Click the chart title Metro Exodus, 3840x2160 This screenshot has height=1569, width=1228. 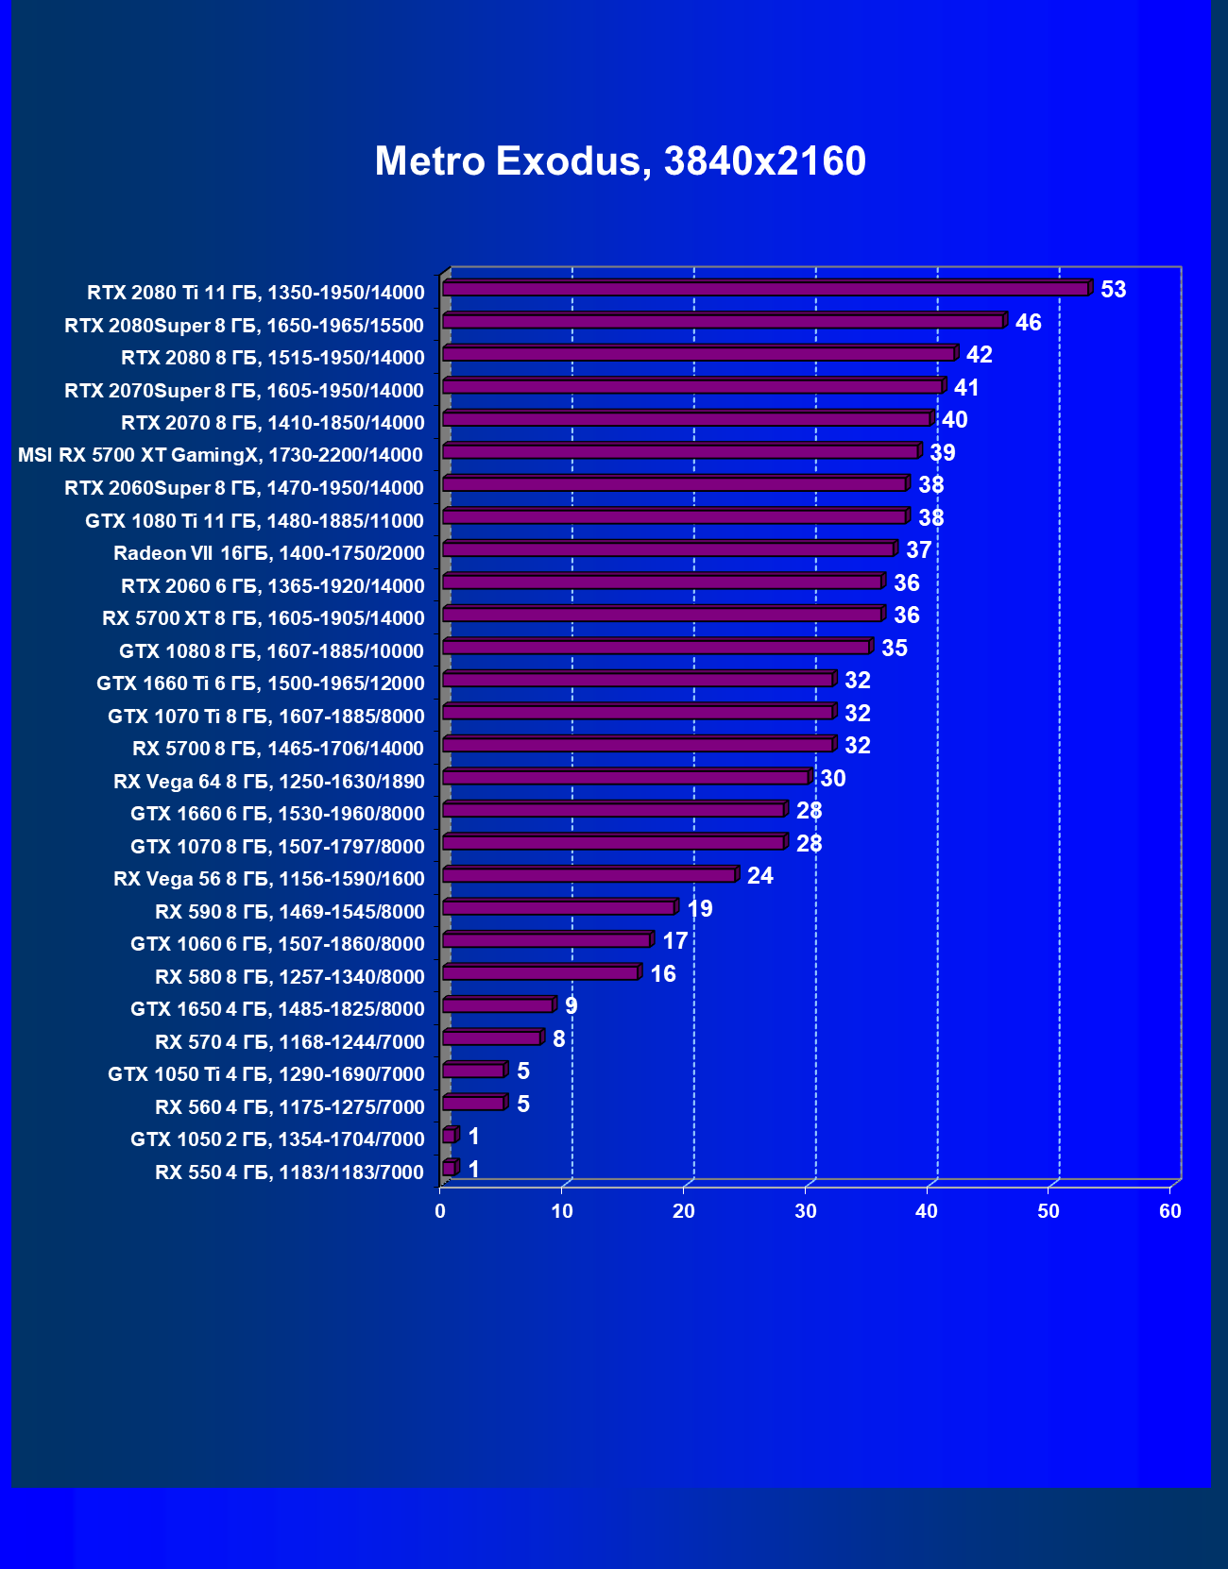pos(620,161)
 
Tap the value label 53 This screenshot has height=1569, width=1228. pos(1113,290)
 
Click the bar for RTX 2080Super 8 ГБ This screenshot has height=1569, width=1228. pos(723,322)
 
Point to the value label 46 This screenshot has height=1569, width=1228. pos(1028,323)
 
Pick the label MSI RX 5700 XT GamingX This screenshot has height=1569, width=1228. pos(220,456)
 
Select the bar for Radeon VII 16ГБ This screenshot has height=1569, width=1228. pos(668,549)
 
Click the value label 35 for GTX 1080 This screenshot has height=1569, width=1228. pos(894,649)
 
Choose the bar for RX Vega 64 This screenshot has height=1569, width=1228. pos(625,778)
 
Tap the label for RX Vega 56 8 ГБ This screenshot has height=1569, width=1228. pos(269,879)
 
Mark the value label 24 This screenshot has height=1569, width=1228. pos(759,876)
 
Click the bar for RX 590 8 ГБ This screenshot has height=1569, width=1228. pos(558,908)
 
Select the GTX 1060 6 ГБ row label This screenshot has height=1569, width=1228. pos(278,944)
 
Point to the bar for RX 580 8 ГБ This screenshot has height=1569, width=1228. pos(540,973)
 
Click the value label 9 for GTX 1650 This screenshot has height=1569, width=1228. pos(571,1006)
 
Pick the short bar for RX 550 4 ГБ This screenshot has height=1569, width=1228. pos(449,1169)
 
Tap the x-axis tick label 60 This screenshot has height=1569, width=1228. pos(1169,1211)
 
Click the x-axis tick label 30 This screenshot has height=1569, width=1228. pos(805,1211)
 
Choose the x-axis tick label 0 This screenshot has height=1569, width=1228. pos(440,1211)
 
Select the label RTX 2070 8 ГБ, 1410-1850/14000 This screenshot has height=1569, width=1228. pos(273,423)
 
